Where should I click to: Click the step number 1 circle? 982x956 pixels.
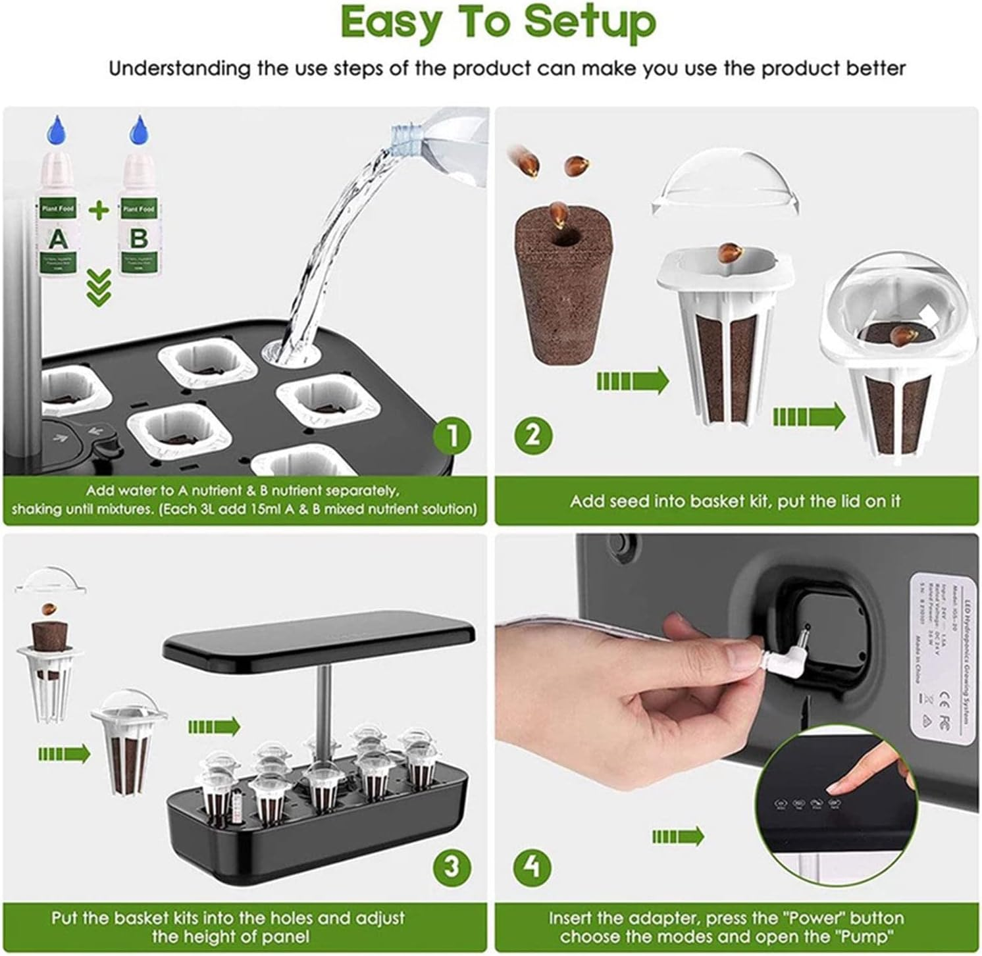coord(452,435)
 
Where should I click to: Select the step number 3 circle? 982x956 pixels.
coord(452,866)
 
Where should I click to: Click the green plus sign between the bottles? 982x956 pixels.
coord(99,211)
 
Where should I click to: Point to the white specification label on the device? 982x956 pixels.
coord(942,658)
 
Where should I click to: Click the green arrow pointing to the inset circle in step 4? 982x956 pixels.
coord(678,837)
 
